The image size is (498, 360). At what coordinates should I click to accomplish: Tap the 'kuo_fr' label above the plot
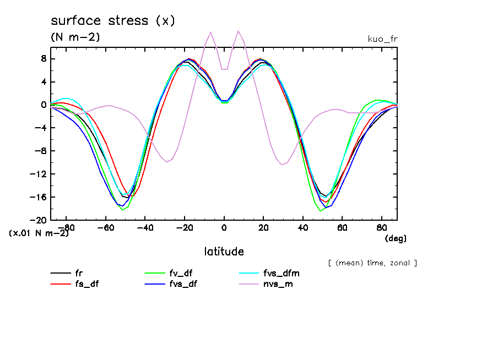[382, 39]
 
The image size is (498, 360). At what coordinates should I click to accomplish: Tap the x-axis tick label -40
[144, 227]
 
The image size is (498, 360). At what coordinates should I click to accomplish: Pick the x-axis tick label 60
[342, 227]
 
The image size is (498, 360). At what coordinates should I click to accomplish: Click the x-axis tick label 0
[224, 227]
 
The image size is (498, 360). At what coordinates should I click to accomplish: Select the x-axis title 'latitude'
[224, 252]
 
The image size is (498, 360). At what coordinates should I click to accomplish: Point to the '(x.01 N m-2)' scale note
[39, 233]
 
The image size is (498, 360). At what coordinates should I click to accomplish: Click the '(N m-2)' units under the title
[75, 37]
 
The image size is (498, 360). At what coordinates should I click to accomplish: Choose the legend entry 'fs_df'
[86, 284]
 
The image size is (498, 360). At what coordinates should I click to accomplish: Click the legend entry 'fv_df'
[181, 273]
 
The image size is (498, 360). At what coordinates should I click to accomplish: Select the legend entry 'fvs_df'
[182, 284]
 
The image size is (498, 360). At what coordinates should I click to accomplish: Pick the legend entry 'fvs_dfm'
[282, 273]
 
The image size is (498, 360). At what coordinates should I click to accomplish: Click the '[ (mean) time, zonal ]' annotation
[372, 263]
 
